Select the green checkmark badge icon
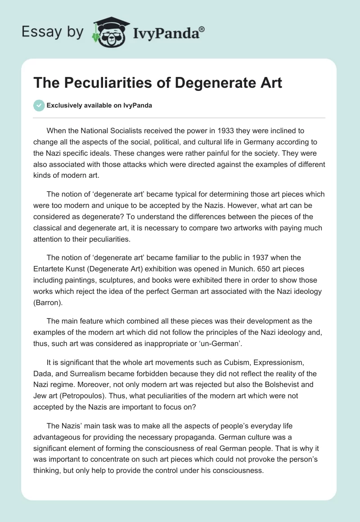click(x=39, y=105)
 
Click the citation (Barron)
click(x=49, y=302)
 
